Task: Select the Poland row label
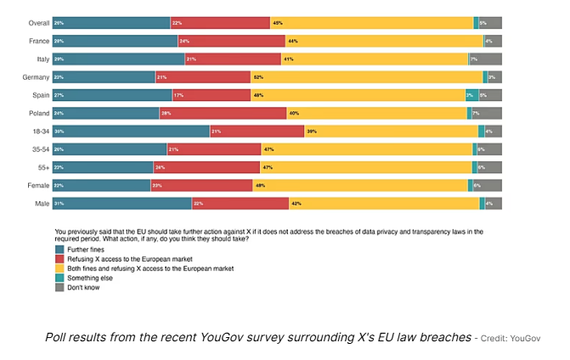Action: click(39, 113)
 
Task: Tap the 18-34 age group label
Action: click(39, 131)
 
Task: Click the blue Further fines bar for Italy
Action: click(119, 59)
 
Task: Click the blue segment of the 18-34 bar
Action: click(131, 131)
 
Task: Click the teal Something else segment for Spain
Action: click(471, 95)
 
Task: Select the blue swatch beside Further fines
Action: click(59, 250)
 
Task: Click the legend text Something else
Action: click(91, 277)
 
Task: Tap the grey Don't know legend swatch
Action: click(59, 286)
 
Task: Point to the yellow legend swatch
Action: click(59, 268)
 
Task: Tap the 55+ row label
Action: click(42, 167)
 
